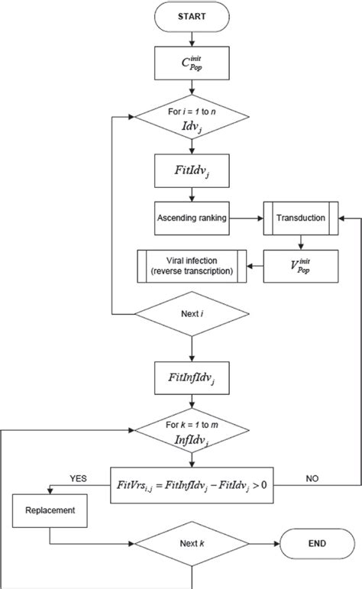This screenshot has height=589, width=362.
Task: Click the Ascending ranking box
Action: click(x=192, y=218)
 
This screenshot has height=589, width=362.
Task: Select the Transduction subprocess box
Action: click(x=299, y=218)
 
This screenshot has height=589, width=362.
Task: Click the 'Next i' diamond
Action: click(x=192, y=315)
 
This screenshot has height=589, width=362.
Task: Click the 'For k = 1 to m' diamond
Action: click(x=192, y=429)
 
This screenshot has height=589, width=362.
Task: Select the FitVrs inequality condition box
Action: click(x=192, y=484)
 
